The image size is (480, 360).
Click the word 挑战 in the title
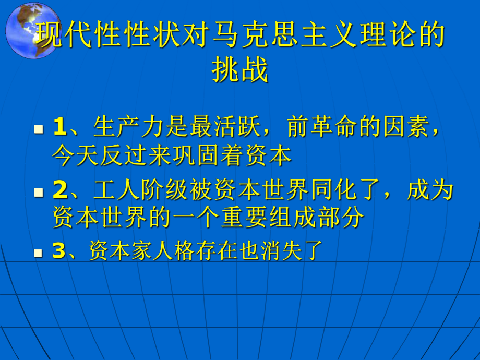(240, 70)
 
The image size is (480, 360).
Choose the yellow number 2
(59, 191)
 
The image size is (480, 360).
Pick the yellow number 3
(58, 252)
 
